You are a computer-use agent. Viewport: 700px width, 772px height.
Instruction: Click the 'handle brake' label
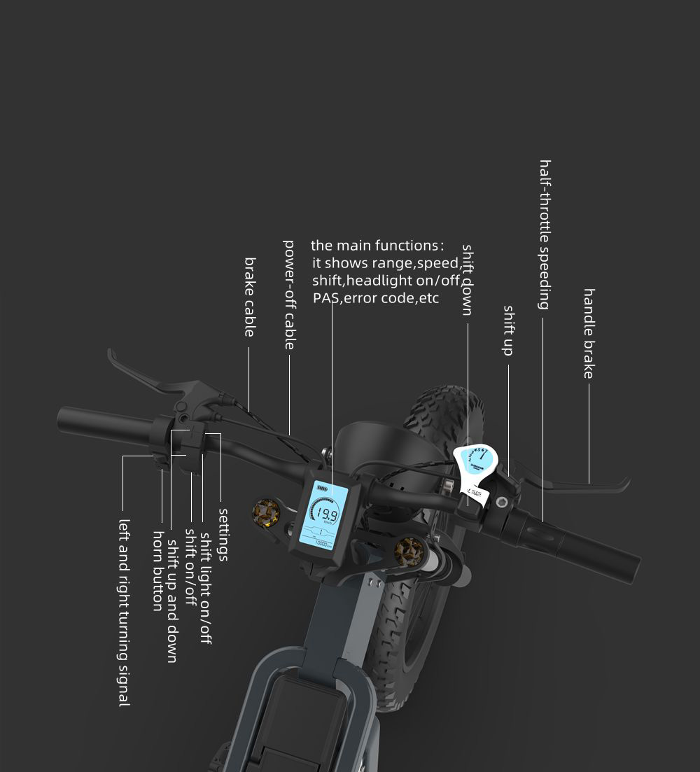click(x=589, y=333)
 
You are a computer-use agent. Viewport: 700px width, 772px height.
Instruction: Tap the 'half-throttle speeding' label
click(x=545, y=234)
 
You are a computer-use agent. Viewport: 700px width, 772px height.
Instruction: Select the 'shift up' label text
click(x=509, y=330)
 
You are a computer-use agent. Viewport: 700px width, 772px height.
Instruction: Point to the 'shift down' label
click(x=468, y=279)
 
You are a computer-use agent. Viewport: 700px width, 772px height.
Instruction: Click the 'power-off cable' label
click(x=289, y=295)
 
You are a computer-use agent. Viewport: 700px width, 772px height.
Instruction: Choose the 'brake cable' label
click(x=249, y=297)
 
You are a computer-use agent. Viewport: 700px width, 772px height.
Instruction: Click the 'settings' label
click(x=223, y=534)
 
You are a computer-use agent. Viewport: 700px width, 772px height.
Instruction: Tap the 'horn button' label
click(x=157, y=570)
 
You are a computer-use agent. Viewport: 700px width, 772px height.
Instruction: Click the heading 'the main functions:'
click(x=377, y=246)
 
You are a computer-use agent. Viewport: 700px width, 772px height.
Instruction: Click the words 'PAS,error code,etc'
click(x=376, y=299)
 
